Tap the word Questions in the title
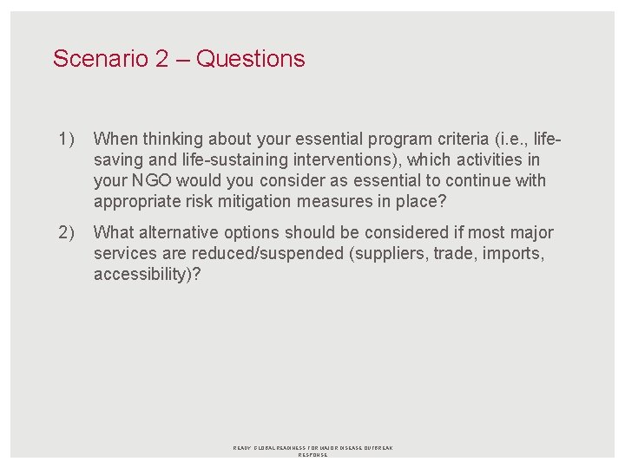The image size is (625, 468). [x=251, y=59]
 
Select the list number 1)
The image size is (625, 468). [x=67, y=139]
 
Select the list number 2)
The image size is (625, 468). [x=67, y=233]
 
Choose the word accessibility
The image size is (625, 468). [x=137, y=275]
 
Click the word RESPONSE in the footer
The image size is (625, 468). [x=312, y=455]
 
